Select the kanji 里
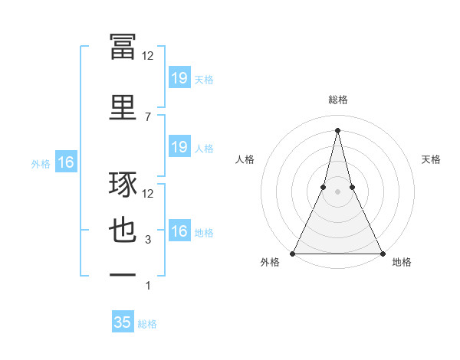123,106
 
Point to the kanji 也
123,231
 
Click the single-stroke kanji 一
123,274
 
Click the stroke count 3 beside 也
148,240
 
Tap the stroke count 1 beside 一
148,286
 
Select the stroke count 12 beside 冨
148,55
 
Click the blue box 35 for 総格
123,322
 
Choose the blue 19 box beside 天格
179,78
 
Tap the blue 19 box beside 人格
179,147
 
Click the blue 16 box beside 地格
179,231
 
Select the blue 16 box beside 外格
65,162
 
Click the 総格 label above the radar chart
337,100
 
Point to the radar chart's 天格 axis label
431,159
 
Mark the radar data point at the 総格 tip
337,129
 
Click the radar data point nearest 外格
293,253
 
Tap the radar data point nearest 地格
382,253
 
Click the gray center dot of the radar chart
337,195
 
